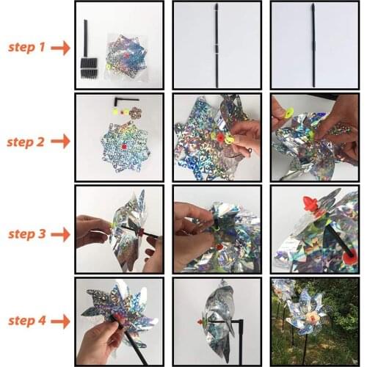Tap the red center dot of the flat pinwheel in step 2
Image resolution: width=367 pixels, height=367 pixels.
123,148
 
